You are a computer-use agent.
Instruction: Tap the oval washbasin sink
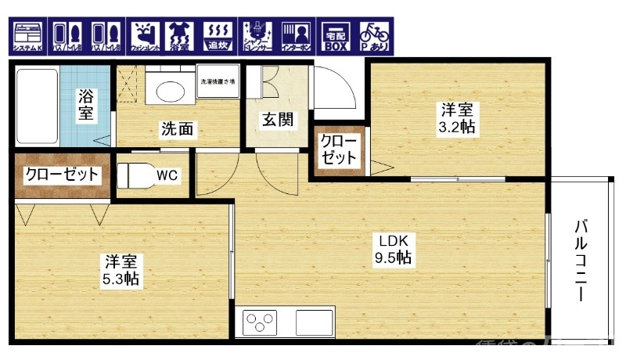(171, 90)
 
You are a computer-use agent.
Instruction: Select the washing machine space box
(218, 84)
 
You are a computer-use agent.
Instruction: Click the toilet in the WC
(134, 175)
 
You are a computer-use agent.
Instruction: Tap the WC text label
(167, 175)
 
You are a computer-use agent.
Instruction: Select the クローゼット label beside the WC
(63, 174)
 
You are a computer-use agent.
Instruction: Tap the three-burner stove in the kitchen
(261, 322)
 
